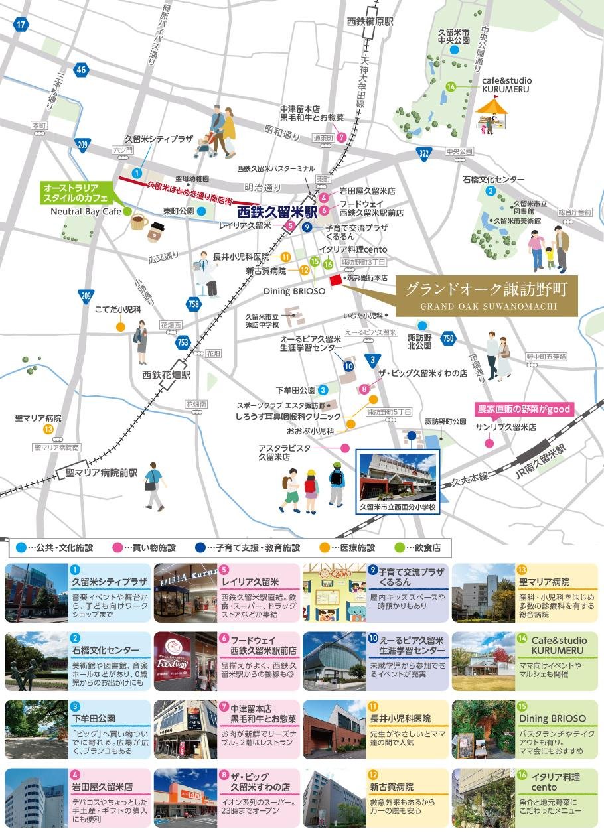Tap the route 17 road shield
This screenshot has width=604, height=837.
click(x=21, y=25)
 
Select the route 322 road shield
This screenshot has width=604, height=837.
click(x=423, y=154)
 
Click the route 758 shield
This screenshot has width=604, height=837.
click(x=194, y=304)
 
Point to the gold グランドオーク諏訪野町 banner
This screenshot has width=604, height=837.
click(x=487, y=295)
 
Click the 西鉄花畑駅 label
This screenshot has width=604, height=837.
click(x=167, y=375)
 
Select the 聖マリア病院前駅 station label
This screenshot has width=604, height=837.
click(x=102, y=474)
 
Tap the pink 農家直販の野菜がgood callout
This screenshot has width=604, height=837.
click(x=523, y=409)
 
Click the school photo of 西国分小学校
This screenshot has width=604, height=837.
click(x=397, y=477)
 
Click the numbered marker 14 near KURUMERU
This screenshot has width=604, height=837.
click(x=451, y=86)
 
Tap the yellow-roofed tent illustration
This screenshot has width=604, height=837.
click(x=492, y=112)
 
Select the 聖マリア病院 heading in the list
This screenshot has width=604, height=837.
click(x=545, y=582)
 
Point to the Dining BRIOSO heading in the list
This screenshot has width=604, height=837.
click(x=552, y=718)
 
